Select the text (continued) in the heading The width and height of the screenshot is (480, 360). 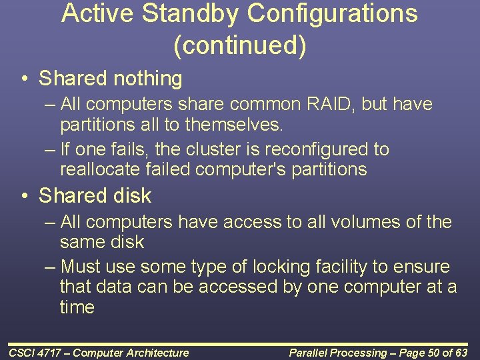click(239, 45)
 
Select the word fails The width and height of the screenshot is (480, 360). click(126, 149)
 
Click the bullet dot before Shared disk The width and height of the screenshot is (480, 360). click(25, 196)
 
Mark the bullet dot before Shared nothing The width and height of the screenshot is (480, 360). click(25, 79)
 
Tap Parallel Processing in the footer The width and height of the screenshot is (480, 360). click(338, 353)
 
